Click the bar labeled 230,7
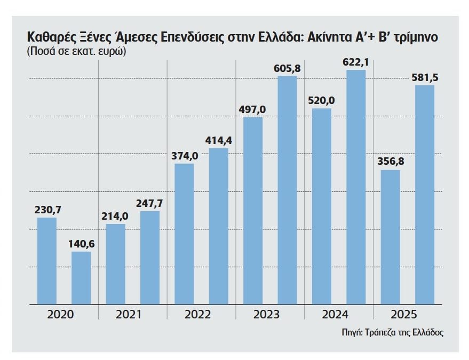click(x=47, y=261)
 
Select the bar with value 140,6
click(x=81, y=278)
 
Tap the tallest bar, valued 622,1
click(x=356, y=187)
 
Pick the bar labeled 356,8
click(x=391, y=237)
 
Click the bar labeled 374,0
click(x=184, y=234)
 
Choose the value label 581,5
click(x=425, y=78)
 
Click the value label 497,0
click(x=253, y=109)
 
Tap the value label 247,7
click(x=150, y=204)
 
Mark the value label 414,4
click(x=219, y=141)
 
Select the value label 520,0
click(x=322, y=101)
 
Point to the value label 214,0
click(x=115, y=217)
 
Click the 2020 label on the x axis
click(x=60, y=315)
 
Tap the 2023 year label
click(x=267, y=315)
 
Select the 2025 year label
click(x=404, y=315)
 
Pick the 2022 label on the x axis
click(x=198, y=315)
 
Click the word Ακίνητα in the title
click(x=338, y=39)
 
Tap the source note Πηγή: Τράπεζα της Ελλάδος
click(x=393, y=332)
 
